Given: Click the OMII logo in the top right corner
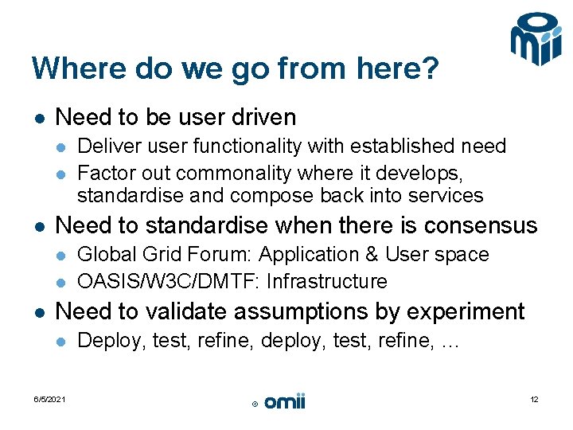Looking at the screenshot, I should pos(536,39).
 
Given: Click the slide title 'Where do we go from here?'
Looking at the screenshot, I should pos(235,68).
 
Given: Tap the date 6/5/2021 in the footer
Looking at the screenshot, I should pos(49,399).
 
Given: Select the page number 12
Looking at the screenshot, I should pos(534,399).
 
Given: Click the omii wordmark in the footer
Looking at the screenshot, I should pos(285,402).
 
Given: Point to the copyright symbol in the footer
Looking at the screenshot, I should pos(255,405).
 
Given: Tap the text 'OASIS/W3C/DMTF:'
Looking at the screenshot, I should pos(170,282).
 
